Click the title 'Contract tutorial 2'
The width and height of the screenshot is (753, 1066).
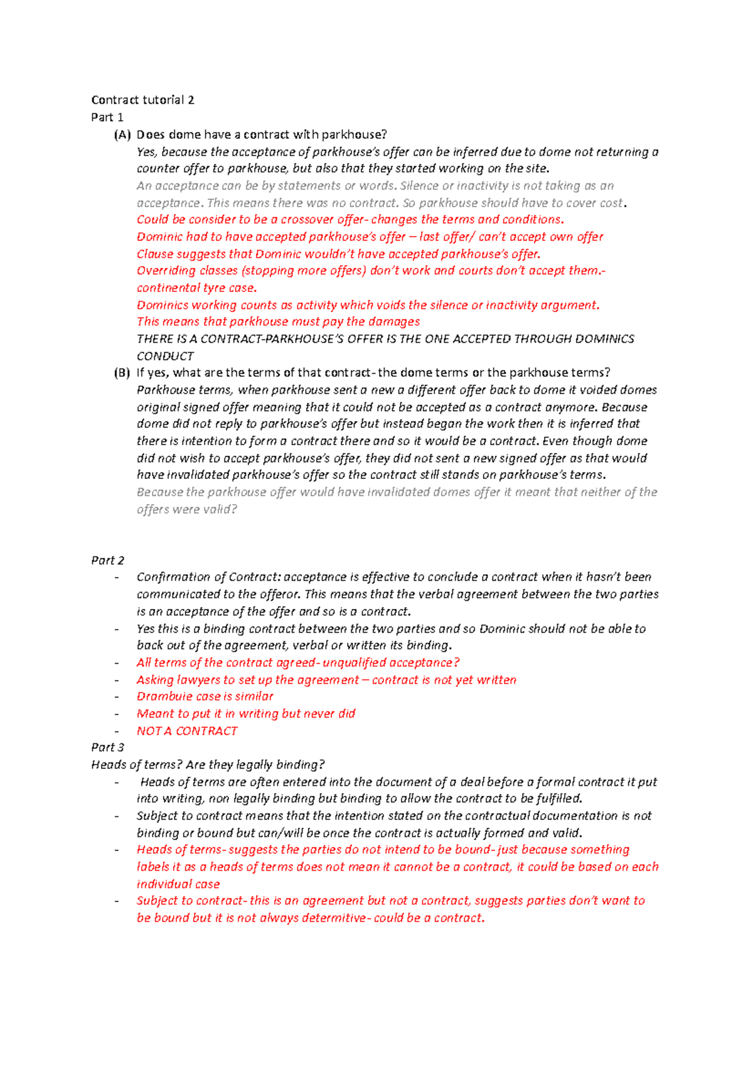[142, 100]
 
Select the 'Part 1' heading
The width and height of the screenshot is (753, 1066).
[107, 117]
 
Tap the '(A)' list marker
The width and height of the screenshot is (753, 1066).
[122, 134]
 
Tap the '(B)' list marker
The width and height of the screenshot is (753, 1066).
[122, 372]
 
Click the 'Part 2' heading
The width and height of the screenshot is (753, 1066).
[107, 560]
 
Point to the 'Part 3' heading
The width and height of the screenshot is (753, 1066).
[107, 747]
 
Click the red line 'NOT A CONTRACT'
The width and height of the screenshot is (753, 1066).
[187, 731]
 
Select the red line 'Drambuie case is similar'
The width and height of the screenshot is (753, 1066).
[205, 696]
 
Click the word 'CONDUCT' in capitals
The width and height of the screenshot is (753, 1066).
[165, 356]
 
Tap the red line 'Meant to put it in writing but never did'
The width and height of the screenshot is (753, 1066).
[246, 714]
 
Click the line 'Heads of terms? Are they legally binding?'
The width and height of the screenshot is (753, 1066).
[208, 765]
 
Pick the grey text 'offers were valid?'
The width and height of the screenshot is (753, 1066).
[187, 509]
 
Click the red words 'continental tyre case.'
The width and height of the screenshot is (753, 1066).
[196, 288]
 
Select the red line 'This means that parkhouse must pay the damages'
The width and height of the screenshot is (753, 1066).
[278, 321]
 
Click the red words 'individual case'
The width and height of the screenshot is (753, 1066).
[178, 884]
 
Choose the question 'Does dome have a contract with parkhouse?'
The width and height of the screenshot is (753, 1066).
[262, 134]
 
